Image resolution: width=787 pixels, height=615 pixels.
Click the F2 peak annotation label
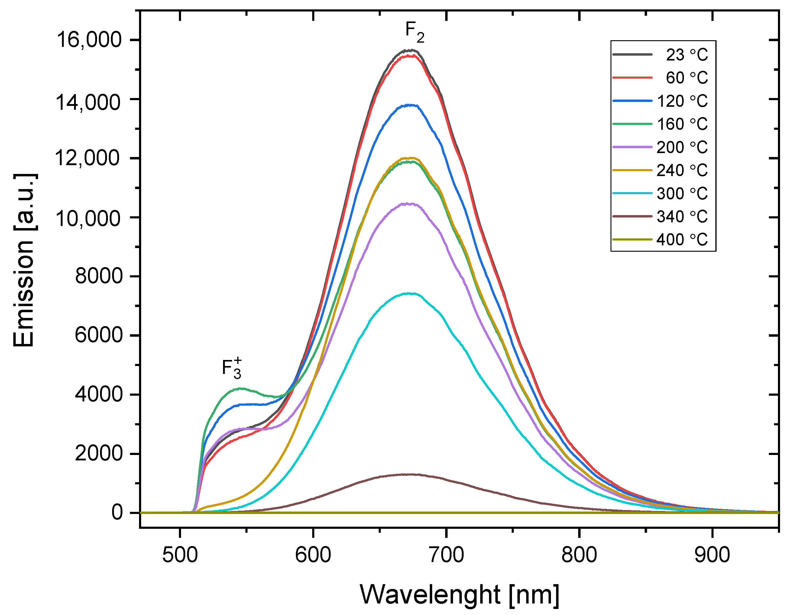click(x=415, y=31)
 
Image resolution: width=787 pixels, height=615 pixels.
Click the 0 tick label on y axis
click(x=117, y=512)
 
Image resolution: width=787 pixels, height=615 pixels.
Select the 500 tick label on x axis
click(x=180, y=555)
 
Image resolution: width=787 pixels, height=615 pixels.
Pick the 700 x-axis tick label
click(x=446, y=555)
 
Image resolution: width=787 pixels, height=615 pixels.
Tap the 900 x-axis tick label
click(x=712, y=555)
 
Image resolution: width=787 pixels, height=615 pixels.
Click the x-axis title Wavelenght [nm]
click(x=459, y=594)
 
